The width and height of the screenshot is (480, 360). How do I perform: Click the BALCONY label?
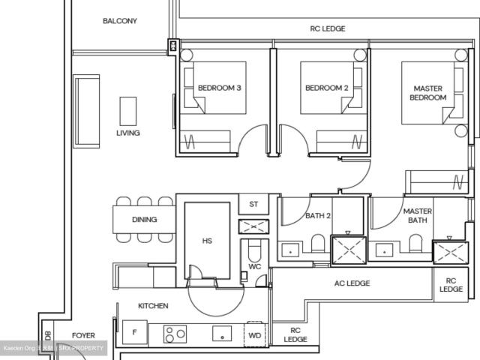click(120, 21)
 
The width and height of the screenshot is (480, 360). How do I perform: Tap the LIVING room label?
click(127, 133)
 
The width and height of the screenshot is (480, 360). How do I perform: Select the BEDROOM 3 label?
click(219, 88)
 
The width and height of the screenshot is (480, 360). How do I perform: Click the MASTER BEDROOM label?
click(428, 93)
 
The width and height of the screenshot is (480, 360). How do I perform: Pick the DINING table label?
click(144, 220)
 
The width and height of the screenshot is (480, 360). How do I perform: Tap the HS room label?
click(207, 241)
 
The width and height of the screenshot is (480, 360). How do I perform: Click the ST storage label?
click(253, 204)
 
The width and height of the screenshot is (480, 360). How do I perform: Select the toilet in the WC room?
click(253, 252)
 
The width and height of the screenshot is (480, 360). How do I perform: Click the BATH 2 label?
click(319, 216)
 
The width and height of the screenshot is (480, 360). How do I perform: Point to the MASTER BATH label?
click(417, 216)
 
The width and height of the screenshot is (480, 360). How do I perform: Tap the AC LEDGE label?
click(352, 283)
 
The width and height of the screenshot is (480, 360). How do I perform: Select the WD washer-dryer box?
click(254, 335)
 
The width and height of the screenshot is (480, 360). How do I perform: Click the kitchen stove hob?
click(175, 333)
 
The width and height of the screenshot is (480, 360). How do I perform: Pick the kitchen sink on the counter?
click(222, 334)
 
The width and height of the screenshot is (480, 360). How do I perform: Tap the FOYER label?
click(83, 335)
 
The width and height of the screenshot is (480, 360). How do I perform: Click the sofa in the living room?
click(87, 110)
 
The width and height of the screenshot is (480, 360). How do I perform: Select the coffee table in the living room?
click(128, 111)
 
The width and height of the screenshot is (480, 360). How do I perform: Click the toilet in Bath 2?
click(318, 244)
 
